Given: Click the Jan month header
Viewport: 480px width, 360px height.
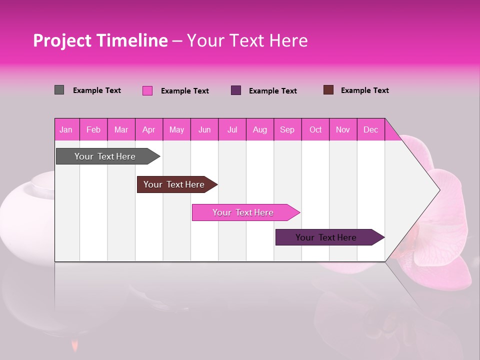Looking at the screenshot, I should coord(66,129).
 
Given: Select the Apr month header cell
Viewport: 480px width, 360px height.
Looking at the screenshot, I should coord(149,129).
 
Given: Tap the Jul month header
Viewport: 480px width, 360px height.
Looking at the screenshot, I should coord(232,129).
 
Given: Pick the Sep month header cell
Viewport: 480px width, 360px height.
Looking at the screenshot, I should coord(287,129).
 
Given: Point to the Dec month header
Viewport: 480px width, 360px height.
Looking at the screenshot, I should coord(370,129).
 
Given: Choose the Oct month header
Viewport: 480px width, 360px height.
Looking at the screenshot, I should coord(315,129).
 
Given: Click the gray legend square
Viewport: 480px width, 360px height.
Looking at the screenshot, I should coord(59,90).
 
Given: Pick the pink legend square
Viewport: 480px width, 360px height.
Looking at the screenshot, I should coord(147,90).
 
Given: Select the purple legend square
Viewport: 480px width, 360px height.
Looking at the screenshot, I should coord(236,90).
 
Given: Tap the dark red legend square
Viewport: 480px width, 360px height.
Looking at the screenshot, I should coord(328,90).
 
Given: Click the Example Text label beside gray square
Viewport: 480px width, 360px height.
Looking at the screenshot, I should coord(97,90).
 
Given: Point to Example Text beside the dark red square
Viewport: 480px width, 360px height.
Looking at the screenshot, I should coord(365,90).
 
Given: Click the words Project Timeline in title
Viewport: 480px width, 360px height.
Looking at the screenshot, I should coord(100,40).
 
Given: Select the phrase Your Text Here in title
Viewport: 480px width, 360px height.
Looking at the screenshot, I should coord(247,40).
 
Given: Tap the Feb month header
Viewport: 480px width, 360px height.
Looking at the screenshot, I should coord(93,129).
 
